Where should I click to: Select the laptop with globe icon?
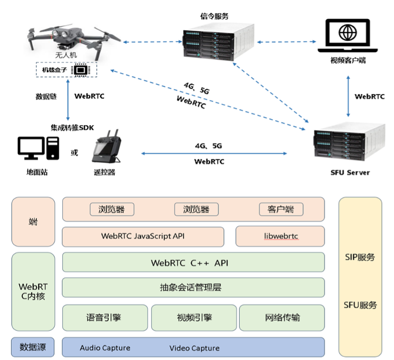tap(347, 36)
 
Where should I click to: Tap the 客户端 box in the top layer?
tap(281, 209)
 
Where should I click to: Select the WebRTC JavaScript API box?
tap(143, 236)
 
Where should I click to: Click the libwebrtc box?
tap(280, 236)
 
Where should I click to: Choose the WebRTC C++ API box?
tap(193, 263)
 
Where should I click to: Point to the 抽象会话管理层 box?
tap(193, 287)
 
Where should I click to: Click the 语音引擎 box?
tap(105, 317)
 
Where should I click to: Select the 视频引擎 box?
tap(193, 317)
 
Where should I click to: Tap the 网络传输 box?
tap(282, 317)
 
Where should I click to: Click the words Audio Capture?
tap(105, 348)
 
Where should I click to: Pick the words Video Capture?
tap(194, 348)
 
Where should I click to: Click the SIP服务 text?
tap(360, 257)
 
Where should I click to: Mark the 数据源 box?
tap(33, 347)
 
